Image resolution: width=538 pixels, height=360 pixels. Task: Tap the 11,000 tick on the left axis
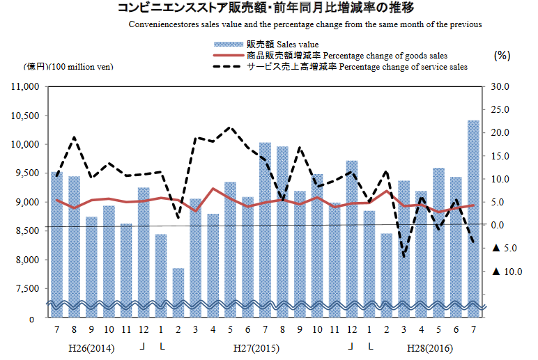tap(26, 87)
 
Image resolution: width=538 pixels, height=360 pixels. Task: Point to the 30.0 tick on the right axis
tap(500, 87)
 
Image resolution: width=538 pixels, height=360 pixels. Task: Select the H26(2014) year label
tap(92, 346)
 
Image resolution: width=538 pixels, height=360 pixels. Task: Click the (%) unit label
tap(502, 54)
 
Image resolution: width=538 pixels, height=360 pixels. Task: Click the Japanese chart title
tap(256, 9)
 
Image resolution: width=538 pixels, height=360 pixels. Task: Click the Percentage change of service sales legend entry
tap(356, 67)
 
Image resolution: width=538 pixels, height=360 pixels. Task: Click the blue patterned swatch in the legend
tap(228, 45)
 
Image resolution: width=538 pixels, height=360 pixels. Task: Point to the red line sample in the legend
tap(228, 56)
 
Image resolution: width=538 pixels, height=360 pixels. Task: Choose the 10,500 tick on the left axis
tap(26, 116)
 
